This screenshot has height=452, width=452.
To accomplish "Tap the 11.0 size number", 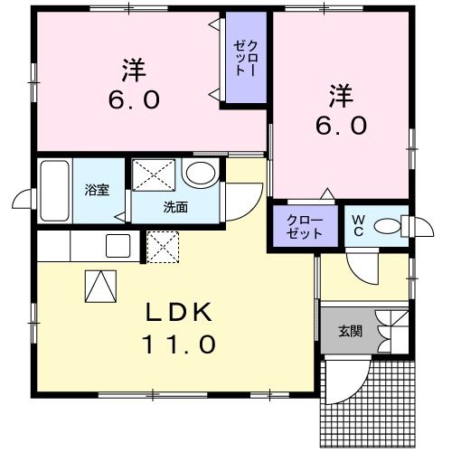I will (179, 344).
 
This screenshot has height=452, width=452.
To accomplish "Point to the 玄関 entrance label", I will (351, 332).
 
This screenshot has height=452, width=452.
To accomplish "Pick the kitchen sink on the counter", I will (118, 245).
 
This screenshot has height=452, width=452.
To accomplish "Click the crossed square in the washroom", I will (154, 174).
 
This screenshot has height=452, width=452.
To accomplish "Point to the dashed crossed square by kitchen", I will (164, 246).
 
